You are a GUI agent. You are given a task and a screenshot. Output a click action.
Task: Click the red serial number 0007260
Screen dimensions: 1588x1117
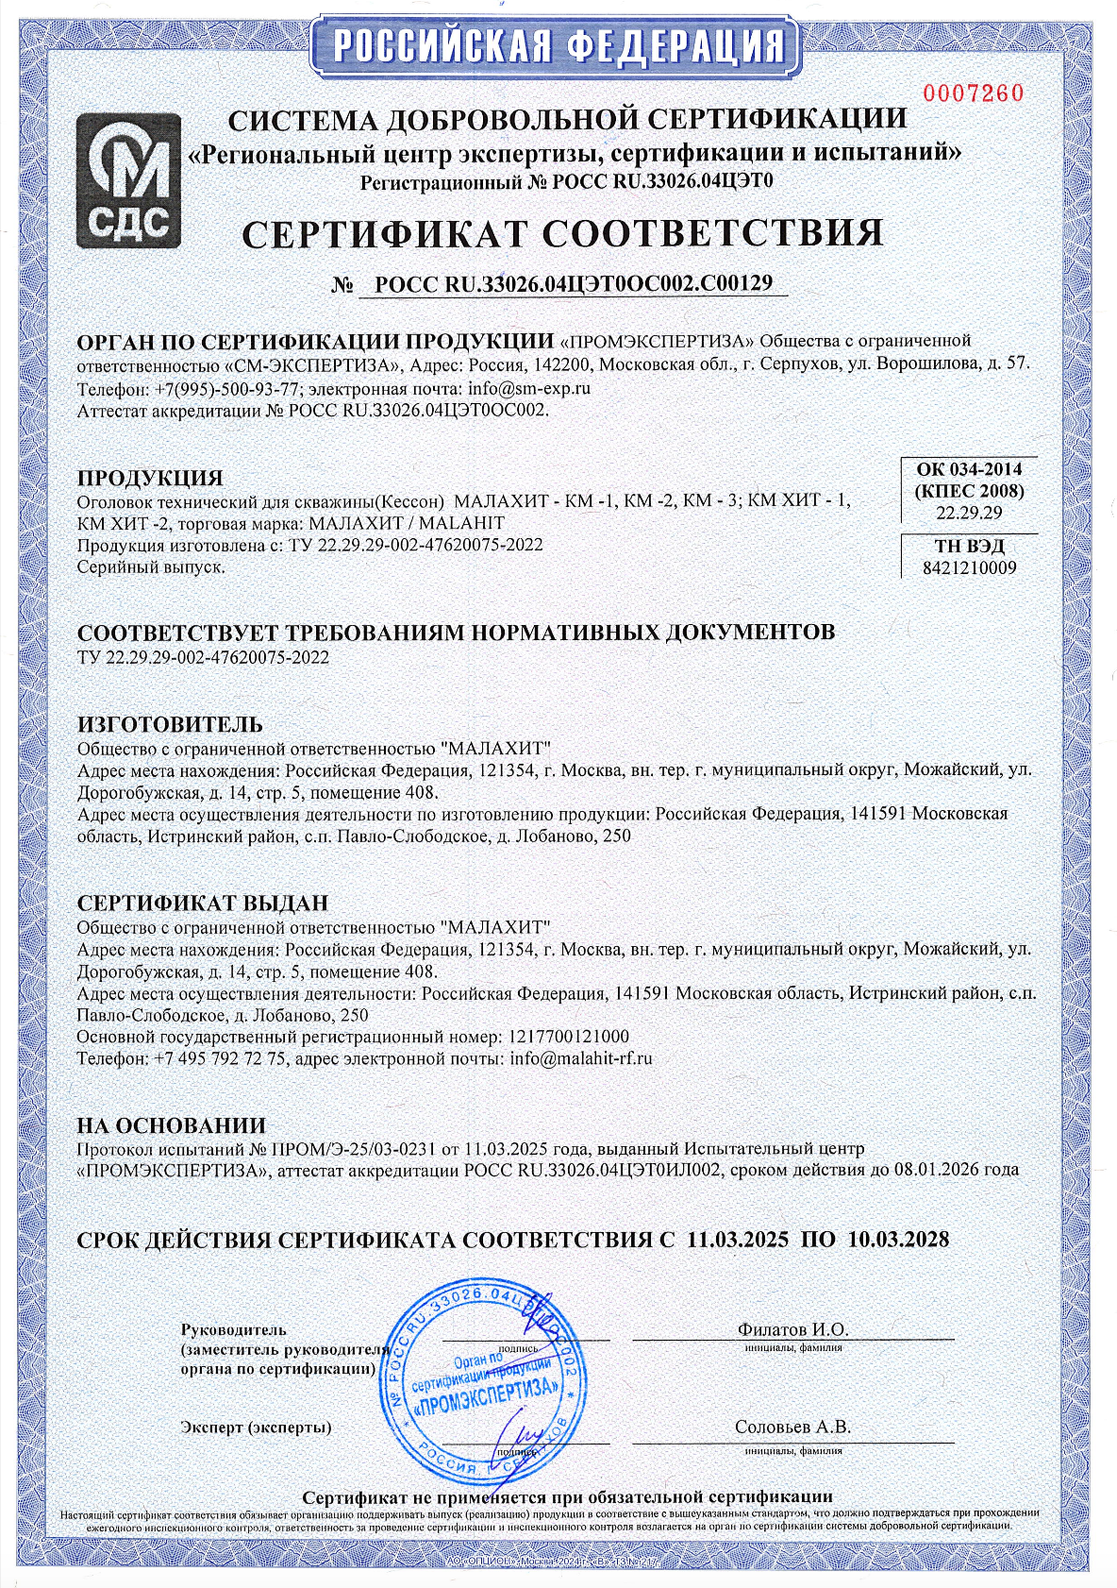pyautogui.click(x=972, y=93)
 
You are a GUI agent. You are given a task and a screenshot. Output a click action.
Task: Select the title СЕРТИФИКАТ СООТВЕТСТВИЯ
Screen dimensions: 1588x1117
pyautogui.click(x=562, y=233)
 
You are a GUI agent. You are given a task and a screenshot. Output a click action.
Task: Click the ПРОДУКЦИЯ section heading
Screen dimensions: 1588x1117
pyautogui.click(x=150, y=478)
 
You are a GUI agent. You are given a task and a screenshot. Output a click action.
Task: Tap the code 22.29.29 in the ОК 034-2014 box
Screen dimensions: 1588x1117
pyautogui.click(x=969, y=514)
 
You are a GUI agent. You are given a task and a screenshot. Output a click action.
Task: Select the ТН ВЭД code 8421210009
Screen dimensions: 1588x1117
pyautogui.click(x=969, y=568)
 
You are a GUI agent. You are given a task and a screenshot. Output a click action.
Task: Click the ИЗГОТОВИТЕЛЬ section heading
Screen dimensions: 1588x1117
pyautogui.click(x=170, y=724)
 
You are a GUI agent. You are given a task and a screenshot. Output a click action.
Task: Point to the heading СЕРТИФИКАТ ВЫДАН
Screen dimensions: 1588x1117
pyautogui.click(x=202, y=904)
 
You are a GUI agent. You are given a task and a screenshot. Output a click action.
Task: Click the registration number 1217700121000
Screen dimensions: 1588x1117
pyautogui.click(x=569, y=1037)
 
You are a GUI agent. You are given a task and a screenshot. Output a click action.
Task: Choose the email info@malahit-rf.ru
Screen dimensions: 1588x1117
pyautogui.click(x=580, y=1059)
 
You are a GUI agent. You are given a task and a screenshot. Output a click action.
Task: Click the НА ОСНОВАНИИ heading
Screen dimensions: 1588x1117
pyautogui.click(x=171, y=1125)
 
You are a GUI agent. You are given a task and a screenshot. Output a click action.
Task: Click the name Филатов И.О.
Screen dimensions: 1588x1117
pyautogui.click(x=792, y=1329)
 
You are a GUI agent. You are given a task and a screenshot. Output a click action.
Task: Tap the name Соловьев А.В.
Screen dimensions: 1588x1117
pyautogui.click(x=792, y=1428)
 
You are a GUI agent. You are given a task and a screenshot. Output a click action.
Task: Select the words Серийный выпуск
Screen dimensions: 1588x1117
pyautogui.click(x=151, y=567)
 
